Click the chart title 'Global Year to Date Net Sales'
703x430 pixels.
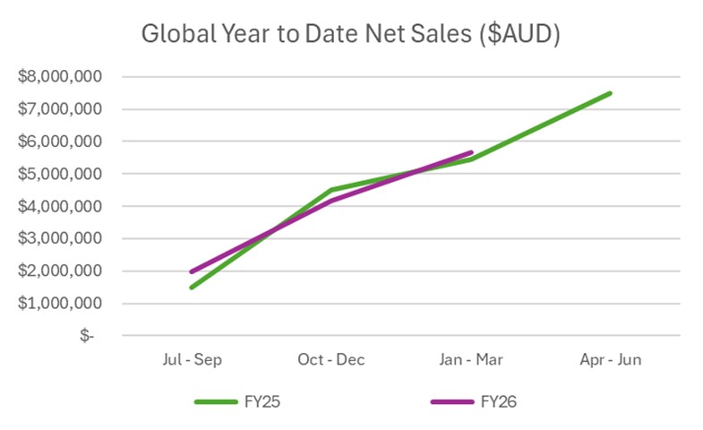pos(351,35)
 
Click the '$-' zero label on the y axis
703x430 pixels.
pos(86,336)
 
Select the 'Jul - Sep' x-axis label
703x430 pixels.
pos(192,359)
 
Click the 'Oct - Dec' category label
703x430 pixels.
pos(331,359)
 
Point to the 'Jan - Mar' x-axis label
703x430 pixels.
pos(471,359)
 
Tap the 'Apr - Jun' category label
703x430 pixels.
pos(611,359)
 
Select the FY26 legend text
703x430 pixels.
pos(500,401)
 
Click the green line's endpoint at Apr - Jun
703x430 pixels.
pos(610,93)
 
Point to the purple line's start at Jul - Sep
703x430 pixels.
pos(192,271)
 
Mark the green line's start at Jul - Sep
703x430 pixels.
pos(192,287)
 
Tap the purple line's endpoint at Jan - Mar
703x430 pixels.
pos(471,153)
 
